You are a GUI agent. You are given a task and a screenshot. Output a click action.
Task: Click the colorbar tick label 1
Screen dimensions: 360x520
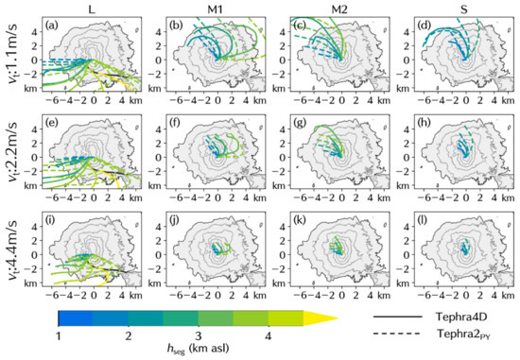coord(59,335)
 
